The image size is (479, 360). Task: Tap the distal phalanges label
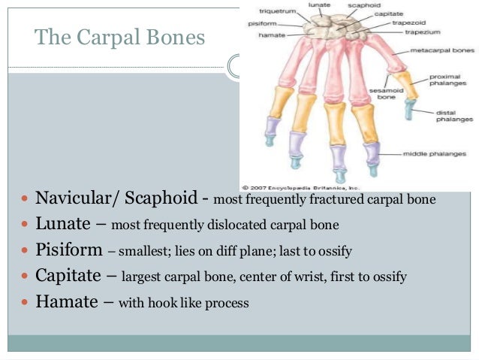452,116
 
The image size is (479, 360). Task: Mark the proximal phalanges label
452,80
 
